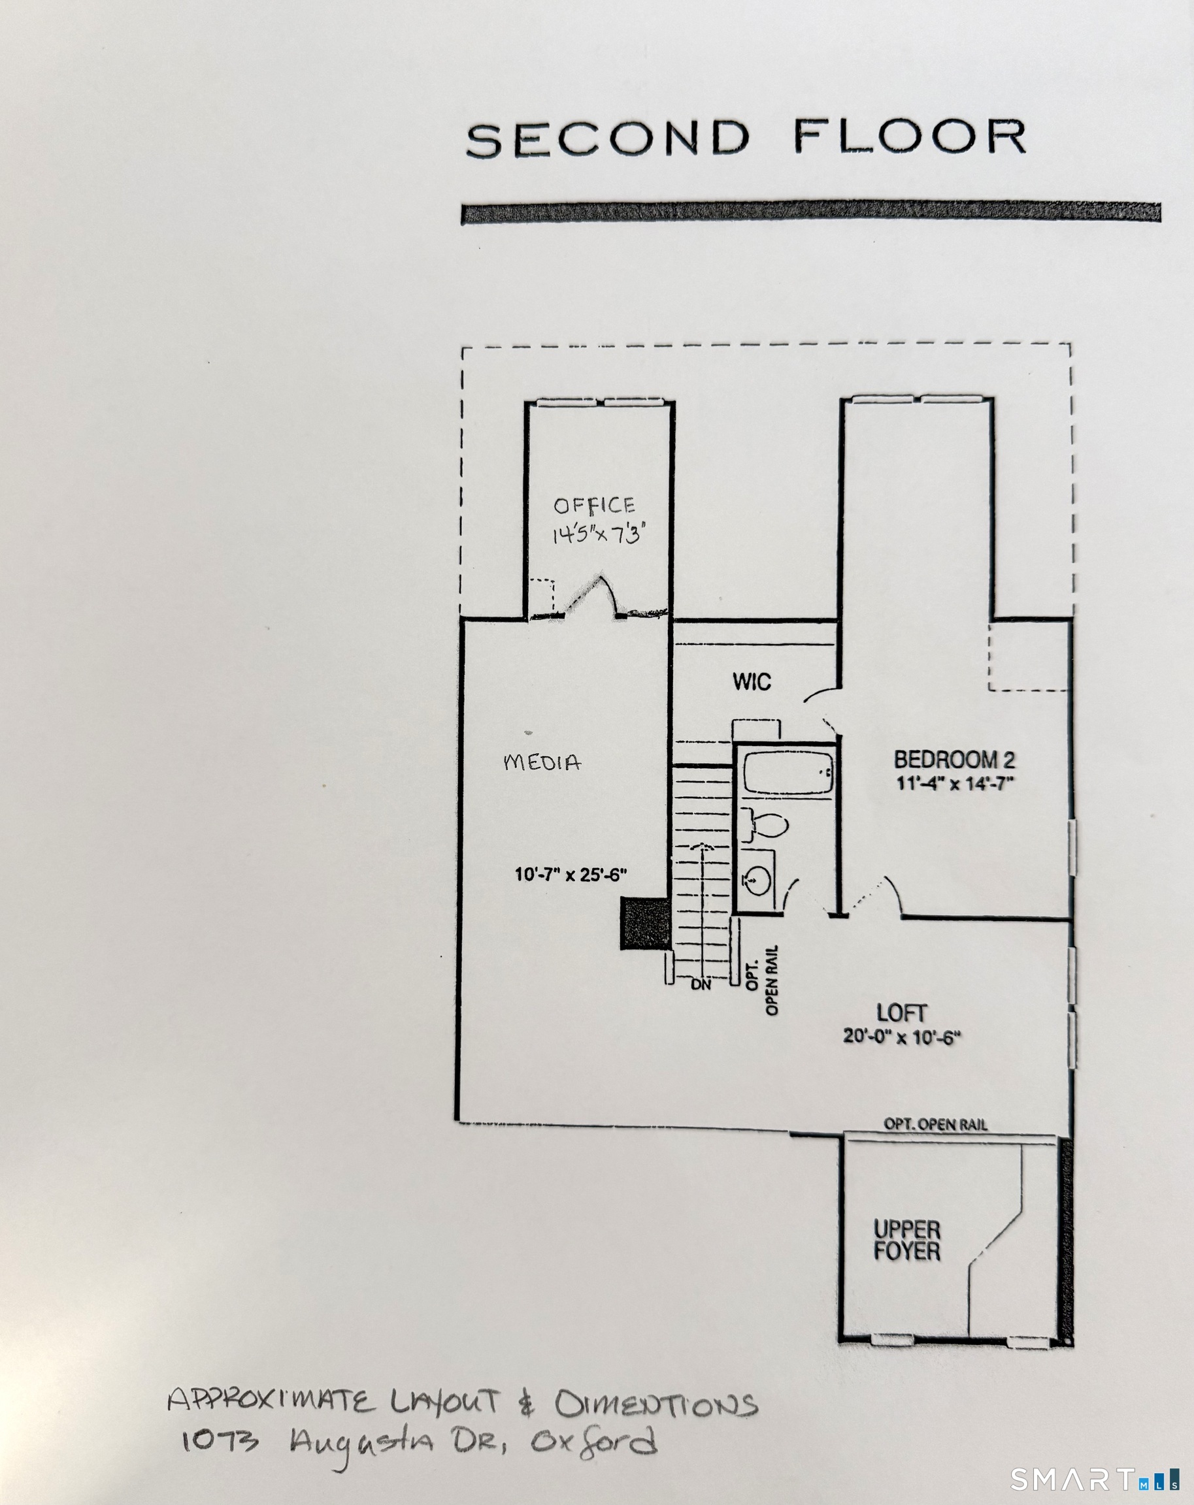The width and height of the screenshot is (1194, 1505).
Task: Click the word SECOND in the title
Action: [x=608, y=139]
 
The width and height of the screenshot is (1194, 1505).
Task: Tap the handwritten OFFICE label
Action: [x=594, y=506]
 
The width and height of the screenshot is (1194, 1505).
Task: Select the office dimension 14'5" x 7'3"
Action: [x=598, y=535]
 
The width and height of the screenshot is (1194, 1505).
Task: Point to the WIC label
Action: [x=752, y=681]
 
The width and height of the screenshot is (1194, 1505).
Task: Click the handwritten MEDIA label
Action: [x=542, y=762]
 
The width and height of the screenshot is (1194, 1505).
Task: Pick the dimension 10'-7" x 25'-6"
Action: [x=571, y=875]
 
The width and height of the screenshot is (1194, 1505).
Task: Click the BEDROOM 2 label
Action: [x=955, y=760]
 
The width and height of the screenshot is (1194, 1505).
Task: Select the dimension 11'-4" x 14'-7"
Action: [x=955, y=783]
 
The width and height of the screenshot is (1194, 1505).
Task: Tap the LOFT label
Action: [x=901, y=1013]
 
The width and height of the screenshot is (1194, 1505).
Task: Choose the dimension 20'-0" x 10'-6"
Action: [x=901, y=1037]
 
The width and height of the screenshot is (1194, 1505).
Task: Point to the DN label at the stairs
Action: [x=701, y=985]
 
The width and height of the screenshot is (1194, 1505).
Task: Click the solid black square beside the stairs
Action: [x=645, y=924]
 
